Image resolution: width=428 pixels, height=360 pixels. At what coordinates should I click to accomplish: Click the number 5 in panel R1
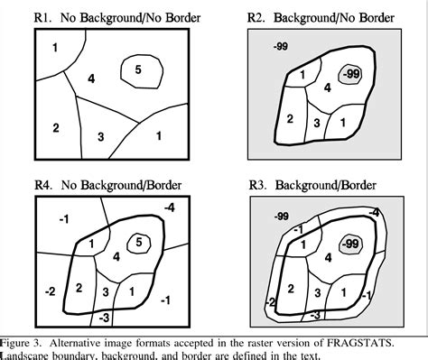point(136,69)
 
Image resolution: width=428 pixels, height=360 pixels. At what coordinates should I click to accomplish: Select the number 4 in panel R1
point(91,80)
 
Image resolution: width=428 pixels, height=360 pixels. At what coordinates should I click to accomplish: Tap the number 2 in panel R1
point(55,127)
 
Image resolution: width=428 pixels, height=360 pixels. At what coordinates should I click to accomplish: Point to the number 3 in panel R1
point(100,136)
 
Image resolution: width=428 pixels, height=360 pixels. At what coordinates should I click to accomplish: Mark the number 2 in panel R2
point(290,118)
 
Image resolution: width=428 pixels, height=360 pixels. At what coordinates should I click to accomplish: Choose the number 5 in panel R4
point(138,241)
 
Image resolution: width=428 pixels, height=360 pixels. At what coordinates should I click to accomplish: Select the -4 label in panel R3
point(374,213)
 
